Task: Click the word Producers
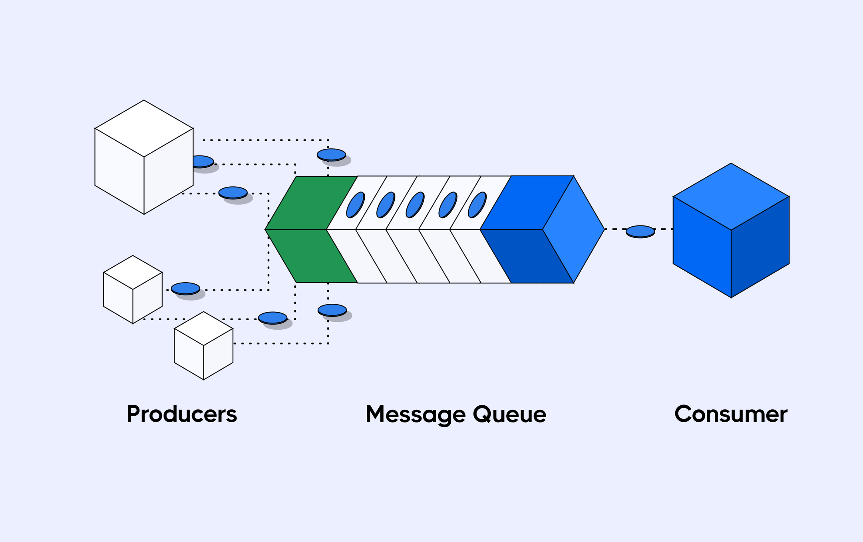point(182,414)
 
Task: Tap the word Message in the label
point(416,414)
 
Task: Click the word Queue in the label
point(509,414)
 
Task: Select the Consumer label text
point(731,414)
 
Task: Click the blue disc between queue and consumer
point(640,231)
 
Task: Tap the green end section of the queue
point(308,229)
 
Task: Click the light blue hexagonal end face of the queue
point(574,229)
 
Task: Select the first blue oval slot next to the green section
point(355,205)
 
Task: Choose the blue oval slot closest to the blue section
point(477,205)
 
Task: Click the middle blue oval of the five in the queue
point(415,205)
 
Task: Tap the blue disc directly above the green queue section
point(331,154)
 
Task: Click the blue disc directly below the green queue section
point(332,310)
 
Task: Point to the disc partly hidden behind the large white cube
point(203,161)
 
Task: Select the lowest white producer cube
point(203,346)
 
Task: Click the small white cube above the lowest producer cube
point(133,289)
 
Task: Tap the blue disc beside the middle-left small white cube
point(185,288)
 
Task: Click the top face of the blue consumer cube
point(731,196)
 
